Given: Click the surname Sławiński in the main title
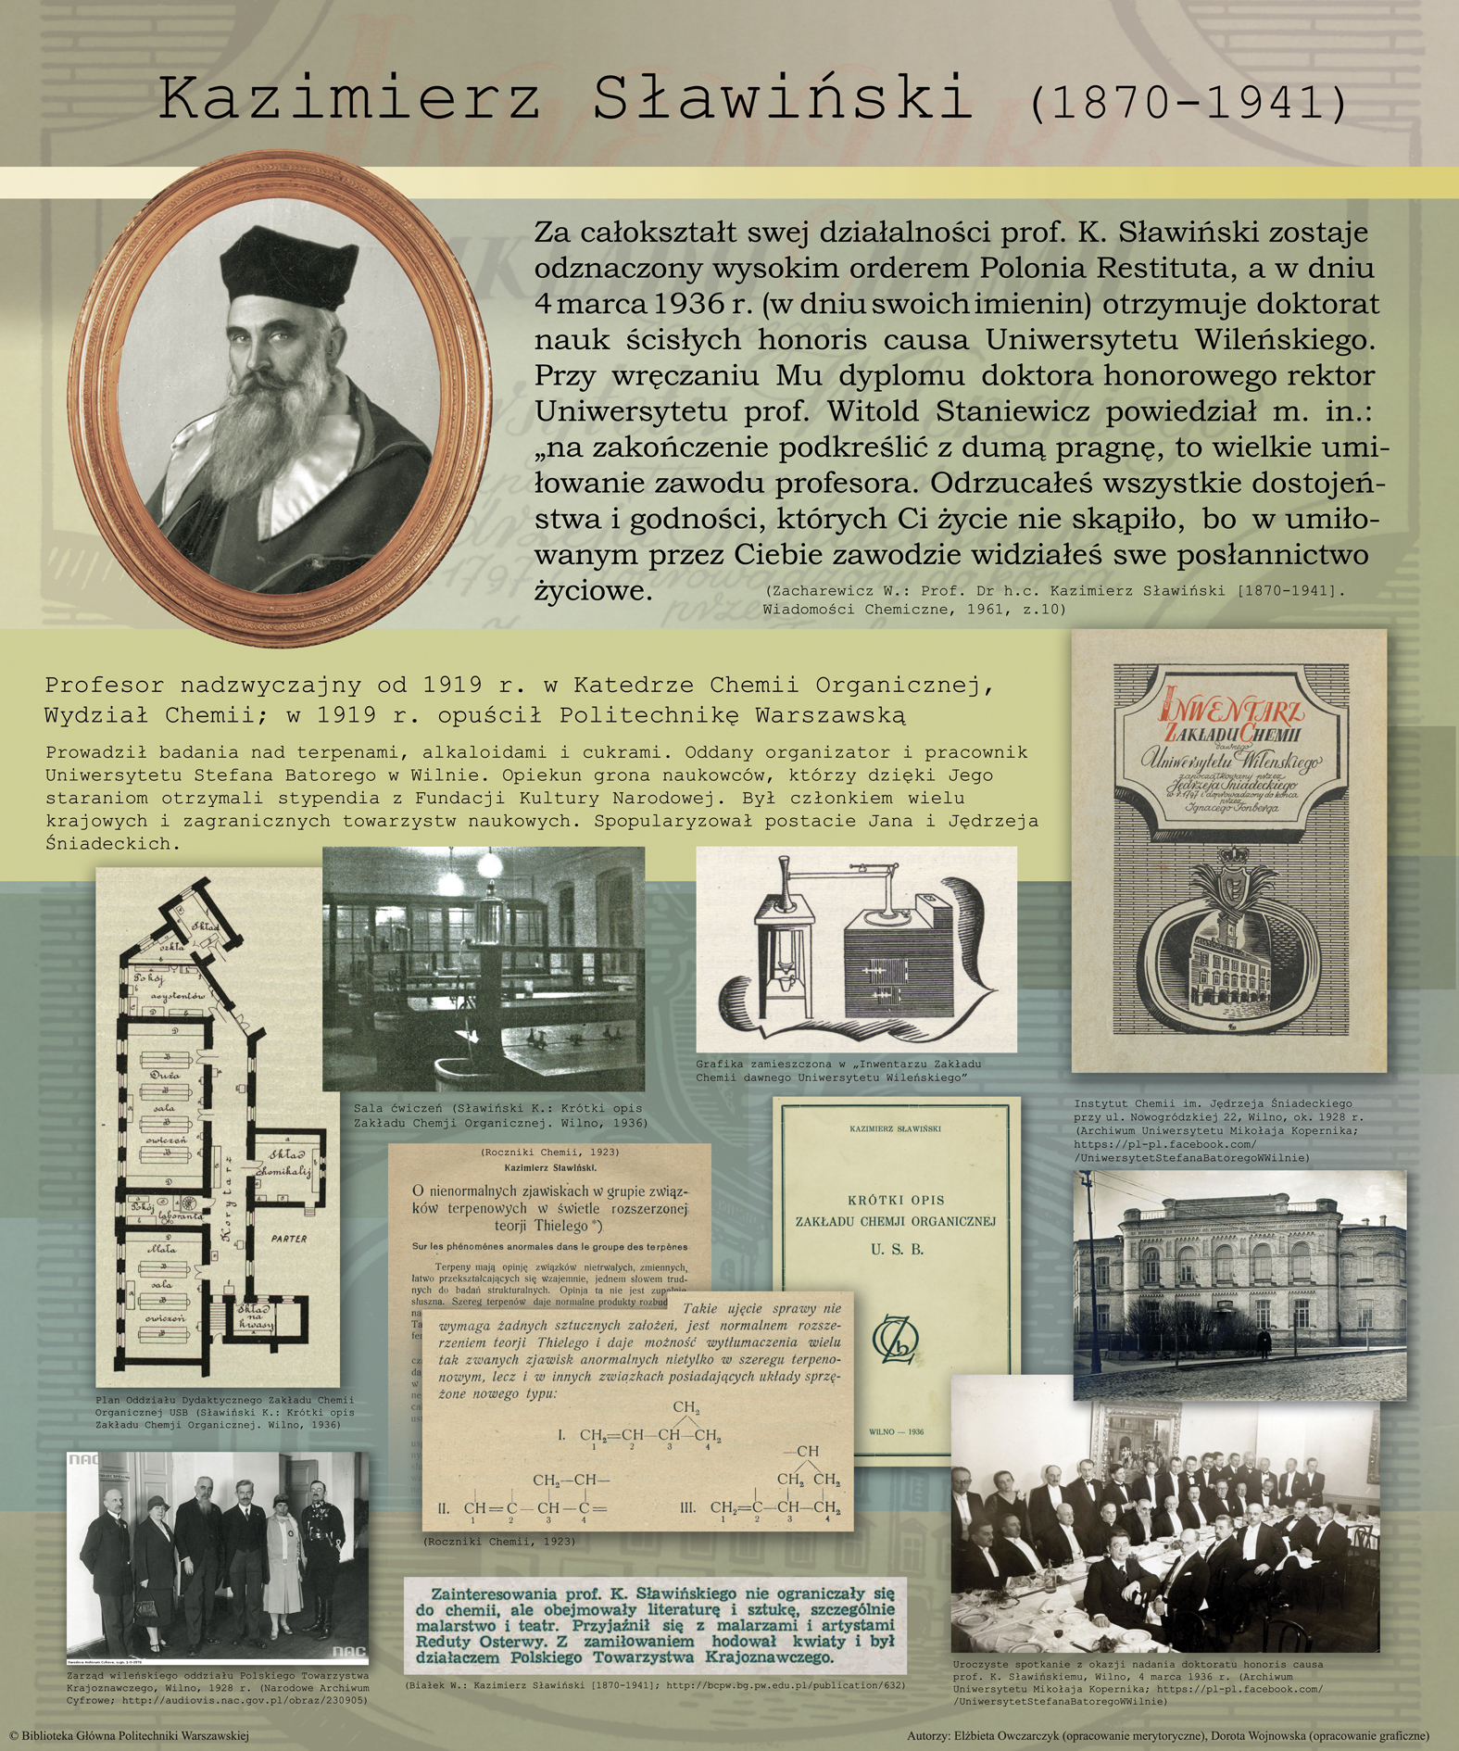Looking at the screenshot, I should [783, 99].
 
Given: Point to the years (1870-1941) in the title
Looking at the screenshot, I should [1189, 104].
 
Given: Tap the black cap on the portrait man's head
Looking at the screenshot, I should [288, 259].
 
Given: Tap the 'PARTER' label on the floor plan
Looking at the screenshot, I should [289, 1238].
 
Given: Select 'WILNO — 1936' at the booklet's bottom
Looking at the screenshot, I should [896, 1431].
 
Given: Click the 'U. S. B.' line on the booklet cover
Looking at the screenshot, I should [897, 1250].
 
